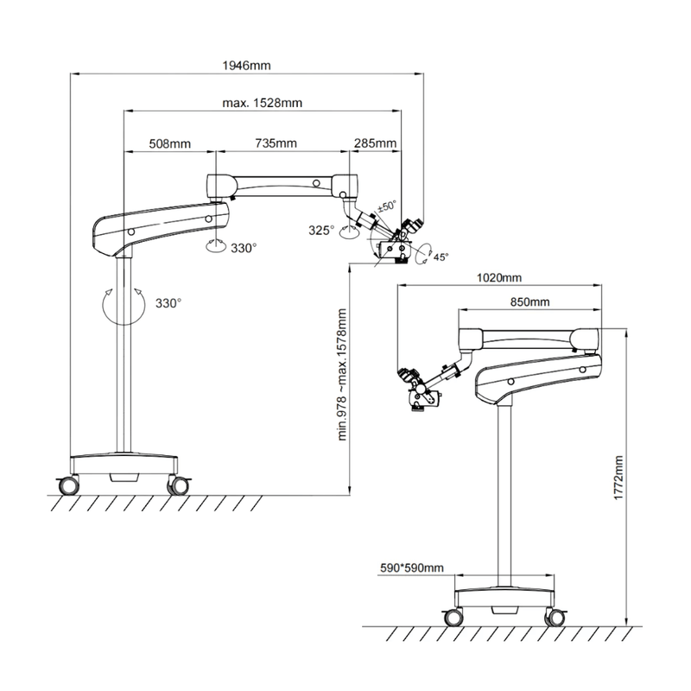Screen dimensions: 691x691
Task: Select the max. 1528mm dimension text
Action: click(262, 103)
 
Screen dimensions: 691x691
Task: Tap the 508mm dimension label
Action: click(169, 143)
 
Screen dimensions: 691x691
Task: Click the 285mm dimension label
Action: click(375, 143)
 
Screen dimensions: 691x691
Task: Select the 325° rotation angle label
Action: click(321, 230)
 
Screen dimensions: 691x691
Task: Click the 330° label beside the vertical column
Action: click(168, 303)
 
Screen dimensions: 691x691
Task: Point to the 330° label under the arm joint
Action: click(244, 248)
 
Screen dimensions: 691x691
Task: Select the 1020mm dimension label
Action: click(499, 278)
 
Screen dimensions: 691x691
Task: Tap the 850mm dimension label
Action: click(529, 302)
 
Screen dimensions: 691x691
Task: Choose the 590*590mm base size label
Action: click(413, 567)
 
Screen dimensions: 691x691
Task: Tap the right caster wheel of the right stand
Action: click(551, 617)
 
